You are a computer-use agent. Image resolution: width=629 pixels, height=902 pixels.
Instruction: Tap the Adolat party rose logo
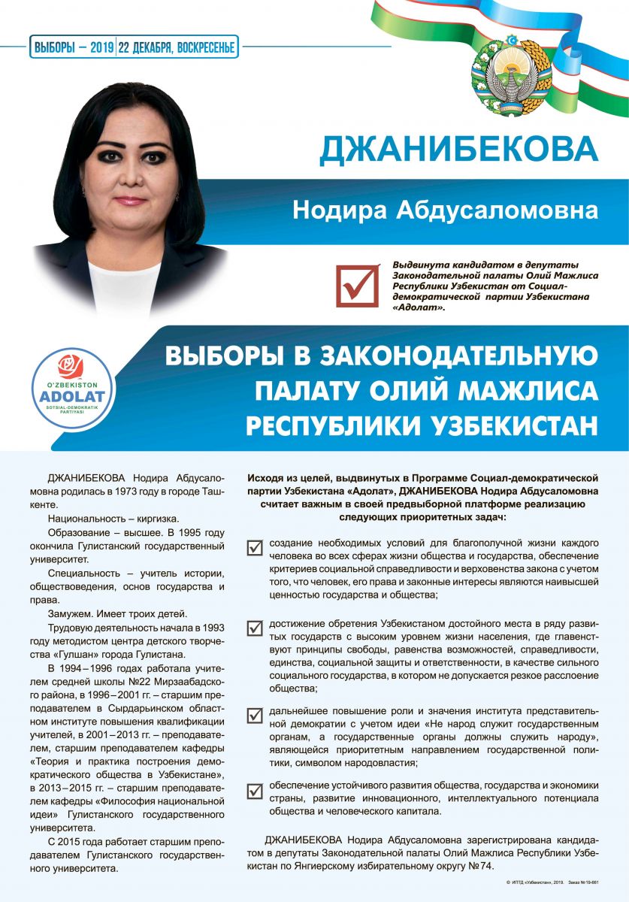pyautogui.click(x=73, y=367)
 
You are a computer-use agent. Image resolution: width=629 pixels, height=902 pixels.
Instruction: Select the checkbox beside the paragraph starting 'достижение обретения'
pyautogui.click(x=255, y=628)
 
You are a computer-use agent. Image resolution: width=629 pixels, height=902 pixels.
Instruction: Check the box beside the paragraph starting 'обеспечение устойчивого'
pyautogui.click(x=255, y=789)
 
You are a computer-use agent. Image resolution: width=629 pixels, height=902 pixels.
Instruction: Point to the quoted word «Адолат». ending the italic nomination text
pyautogui.click(x=419, y=308)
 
